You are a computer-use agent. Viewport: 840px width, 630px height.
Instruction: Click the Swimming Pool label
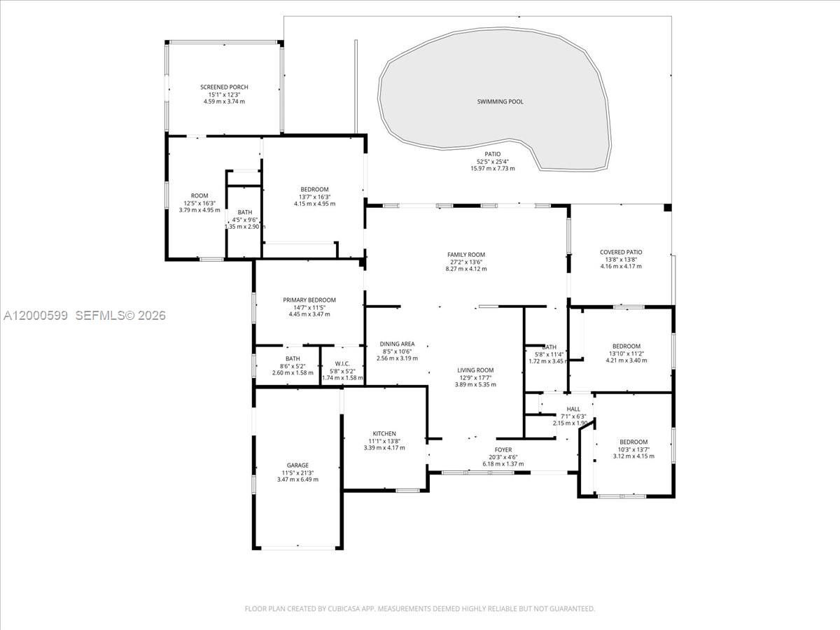pos(500,102)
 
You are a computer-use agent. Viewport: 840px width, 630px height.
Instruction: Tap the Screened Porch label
pos(224,87)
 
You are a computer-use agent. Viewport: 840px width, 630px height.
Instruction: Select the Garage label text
pos(297,465)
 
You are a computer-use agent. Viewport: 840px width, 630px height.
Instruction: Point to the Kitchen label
pos(384,434)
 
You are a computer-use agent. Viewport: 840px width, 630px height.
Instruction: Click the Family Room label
pos(466,255)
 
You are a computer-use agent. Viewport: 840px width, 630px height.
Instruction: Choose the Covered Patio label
pos(621,253)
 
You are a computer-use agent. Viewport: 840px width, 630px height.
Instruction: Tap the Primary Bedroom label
pos(309,300)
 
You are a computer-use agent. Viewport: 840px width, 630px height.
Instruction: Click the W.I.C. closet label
pos(342,363)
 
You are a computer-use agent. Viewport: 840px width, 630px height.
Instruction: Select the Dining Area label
pos(398,344)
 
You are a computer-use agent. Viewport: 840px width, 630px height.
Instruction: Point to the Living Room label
pos(475,370)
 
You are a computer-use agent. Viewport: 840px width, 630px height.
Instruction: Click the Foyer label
pos(503,450)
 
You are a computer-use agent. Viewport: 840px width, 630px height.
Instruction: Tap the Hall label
pos(573,409)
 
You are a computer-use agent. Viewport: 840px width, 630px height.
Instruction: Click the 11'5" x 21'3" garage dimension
pos(297,472)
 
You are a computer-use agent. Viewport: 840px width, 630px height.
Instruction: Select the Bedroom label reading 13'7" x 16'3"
pos(314,190)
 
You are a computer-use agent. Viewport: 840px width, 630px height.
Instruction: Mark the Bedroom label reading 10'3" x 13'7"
pos(633,442)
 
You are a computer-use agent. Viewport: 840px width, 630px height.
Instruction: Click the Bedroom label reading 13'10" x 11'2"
pos(626,346)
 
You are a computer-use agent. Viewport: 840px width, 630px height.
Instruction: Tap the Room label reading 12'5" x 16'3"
pos(199,196)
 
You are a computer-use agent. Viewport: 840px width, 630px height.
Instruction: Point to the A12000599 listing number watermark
pos(36,316)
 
